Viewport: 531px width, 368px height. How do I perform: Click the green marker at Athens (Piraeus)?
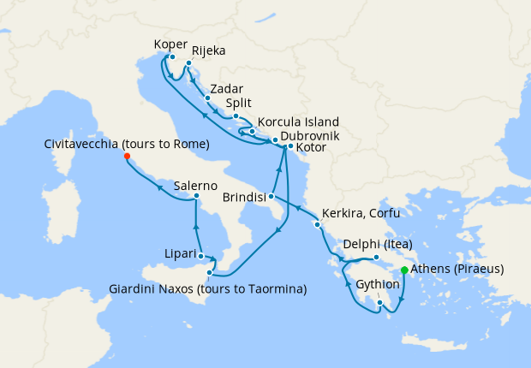click(404, 270)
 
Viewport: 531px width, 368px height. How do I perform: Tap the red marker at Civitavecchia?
click(127, 157)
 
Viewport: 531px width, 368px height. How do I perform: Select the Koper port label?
click(170, 44)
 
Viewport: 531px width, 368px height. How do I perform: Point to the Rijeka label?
click(209, 51)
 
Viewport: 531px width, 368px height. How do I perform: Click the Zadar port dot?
click(207, 98)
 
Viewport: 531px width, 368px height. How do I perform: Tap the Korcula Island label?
click(298, 122)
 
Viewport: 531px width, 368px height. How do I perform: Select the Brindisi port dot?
click(271, 197)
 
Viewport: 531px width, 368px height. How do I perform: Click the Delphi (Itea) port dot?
click(376, 257)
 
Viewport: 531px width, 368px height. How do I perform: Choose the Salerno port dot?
click(196, 196)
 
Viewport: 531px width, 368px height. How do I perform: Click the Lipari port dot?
click(200, 255)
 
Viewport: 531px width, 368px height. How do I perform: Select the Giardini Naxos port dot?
click(210, 273)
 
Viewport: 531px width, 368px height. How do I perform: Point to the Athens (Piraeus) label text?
click(457, 269)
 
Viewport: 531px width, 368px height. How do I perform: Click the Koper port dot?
click(172, 57)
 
